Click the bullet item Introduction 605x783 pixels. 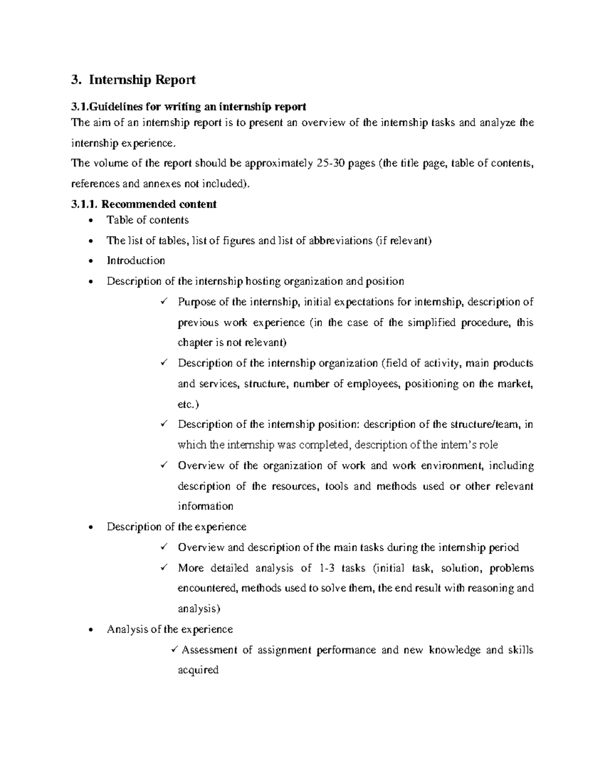(x=136, y=261)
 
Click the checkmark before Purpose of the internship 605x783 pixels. (x=163, y=302)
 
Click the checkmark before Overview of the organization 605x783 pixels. (x=163, y=465)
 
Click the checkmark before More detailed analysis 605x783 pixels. (x=163, y=568)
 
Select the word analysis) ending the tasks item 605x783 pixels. (x=199, y=609)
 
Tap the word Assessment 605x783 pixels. (x=209, y=650)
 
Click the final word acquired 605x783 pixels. (x=198, y=671)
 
